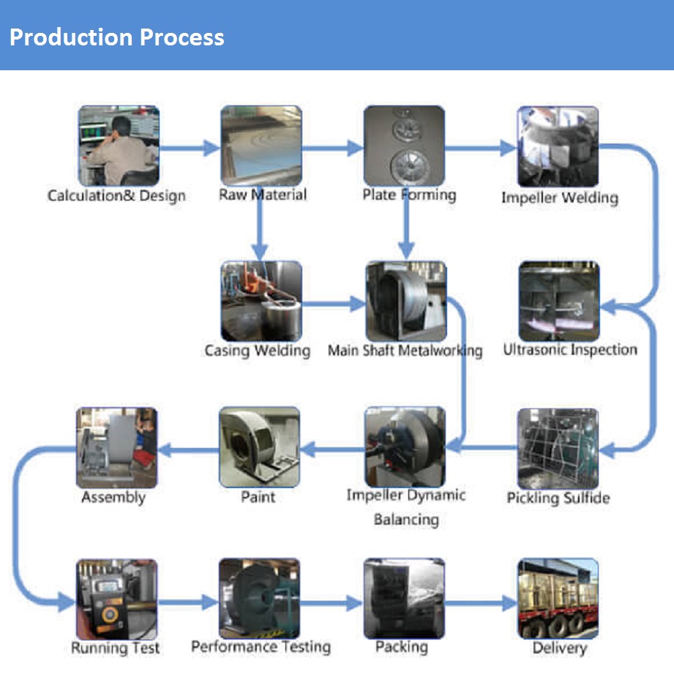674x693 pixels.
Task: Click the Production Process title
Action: pos(117,37)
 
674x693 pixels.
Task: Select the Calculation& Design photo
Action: pos(119,146)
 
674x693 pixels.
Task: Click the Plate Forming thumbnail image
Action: pos(404,146)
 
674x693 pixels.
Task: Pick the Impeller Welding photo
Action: pos(558,146)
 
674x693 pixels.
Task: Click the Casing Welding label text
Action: pos(257,351)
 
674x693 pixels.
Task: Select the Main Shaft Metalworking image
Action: pos(405,301)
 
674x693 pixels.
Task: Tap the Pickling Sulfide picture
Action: pos(558,448)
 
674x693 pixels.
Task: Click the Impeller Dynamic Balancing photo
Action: pos(405,447)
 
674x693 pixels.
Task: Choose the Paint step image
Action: pos(259,447)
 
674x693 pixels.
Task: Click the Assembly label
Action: pos(113,498)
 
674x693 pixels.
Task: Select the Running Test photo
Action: pos(116,599)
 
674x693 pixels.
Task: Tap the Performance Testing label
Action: pos(261,647)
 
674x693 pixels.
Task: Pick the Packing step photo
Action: pos(404,598)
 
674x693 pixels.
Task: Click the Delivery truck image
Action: pos(558,598)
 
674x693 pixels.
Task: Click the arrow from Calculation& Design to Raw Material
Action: pos(190,149)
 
